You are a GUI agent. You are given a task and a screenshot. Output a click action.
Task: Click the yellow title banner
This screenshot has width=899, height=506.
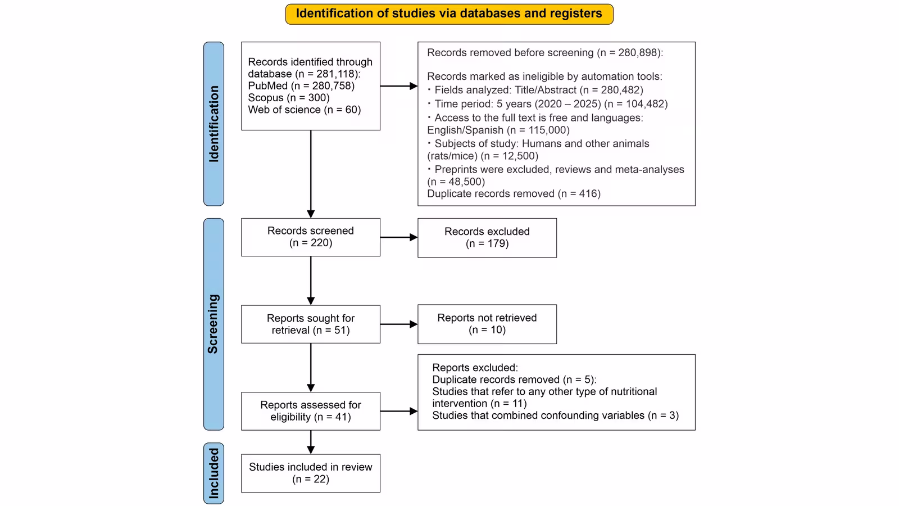tap(449, 14)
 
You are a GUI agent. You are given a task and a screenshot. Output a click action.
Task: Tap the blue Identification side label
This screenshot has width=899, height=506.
tap(214, 124)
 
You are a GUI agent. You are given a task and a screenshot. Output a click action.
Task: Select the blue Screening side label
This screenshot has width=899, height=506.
tap(214, 324)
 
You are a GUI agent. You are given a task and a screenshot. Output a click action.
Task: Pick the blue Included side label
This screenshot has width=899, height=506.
tap(214, 473)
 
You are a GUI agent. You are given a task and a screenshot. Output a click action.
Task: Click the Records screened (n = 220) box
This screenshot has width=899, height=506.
tap(311, 237)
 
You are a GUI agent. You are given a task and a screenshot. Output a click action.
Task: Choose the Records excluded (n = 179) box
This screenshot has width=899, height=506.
tap(487, 238)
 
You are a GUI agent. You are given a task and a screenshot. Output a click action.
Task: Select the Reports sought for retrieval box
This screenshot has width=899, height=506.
tap(311, 324)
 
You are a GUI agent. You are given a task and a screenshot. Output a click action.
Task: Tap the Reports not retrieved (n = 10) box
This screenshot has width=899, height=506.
tap(487, 324)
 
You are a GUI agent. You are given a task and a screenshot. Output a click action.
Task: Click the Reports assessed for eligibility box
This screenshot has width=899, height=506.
tap(311, 411)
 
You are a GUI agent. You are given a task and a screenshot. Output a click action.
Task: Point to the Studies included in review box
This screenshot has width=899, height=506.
tap(311, 473)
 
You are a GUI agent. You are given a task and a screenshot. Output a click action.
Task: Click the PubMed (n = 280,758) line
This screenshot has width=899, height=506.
tap(301, 86)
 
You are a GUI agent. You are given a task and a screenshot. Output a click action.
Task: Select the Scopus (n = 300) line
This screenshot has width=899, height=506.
tap(289, 98)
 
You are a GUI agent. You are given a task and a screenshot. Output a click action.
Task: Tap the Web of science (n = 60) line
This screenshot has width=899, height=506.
tap(304, 110)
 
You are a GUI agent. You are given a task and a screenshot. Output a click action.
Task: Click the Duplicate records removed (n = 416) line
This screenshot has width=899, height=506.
tap(514, 193)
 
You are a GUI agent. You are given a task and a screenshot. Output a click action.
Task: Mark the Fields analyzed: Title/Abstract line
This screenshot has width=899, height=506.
tap(535, 90)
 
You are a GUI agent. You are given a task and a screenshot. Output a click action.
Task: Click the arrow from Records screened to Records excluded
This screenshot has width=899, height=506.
tap(399, 237)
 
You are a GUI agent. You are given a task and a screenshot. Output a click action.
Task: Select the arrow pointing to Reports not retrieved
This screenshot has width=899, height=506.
tap(399, 324)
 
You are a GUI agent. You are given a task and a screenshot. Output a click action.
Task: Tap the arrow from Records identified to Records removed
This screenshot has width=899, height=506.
tap(399, 86)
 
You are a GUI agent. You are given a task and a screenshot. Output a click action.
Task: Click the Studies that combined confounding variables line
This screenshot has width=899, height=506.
tap(556, 415)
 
